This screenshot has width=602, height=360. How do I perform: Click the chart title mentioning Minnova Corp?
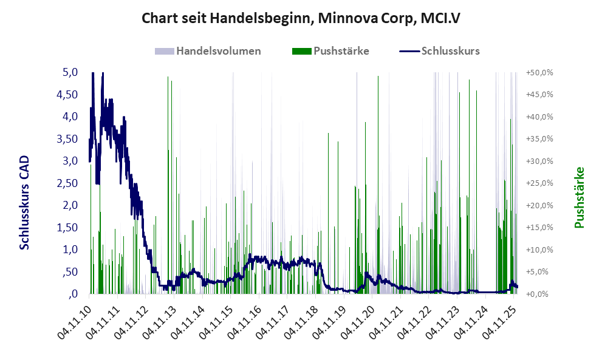click(301, 18)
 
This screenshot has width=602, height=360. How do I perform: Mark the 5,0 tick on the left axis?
click(70, 72)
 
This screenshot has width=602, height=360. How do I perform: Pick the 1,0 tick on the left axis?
click(70, 250)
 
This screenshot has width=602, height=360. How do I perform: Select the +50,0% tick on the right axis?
click(539, 72)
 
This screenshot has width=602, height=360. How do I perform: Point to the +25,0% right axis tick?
click(539, 183)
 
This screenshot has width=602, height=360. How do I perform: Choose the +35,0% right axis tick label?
click(539, 139)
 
